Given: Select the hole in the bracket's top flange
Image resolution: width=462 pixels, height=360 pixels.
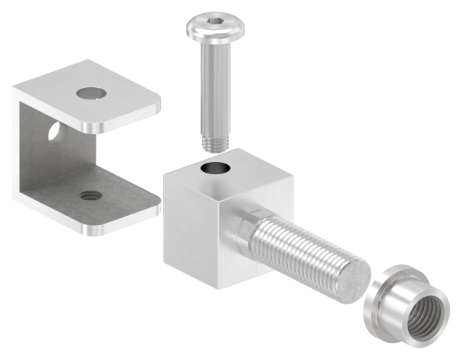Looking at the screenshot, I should click(92, 93).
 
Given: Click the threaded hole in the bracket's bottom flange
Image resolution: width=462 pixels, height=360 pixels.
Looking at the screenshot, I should click(89, 196).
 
